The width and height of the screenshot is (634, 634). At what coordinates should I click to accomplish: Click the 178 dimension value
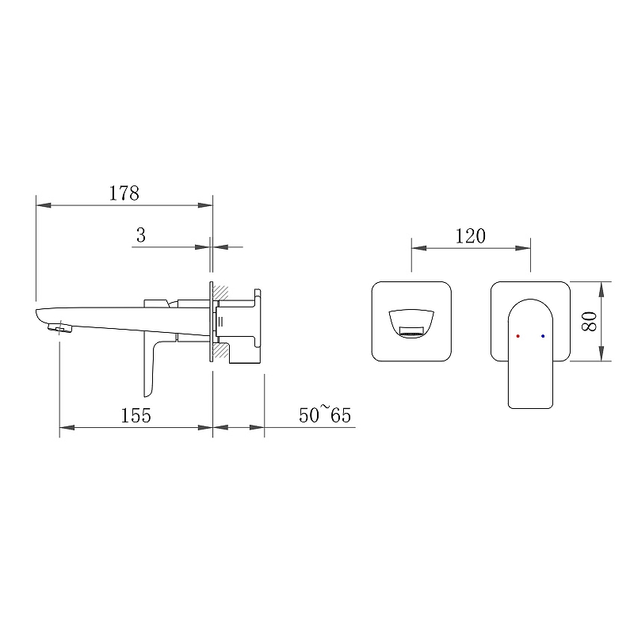coord(124,193)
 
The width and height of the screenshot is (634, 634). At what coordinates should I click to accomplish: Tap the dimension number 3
coord(141,235)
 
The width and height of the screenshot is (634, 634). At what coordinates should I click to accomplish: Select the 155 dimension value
coord(136,415)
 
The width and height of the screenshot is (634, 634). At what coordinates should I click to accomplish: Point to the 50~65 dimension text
coord(325,414)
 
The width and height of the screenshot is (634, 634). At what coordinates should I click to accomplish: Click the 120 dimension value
coord(470,236)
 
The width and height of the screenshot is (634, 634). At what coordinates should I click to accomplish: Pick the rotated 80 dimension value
coord(589,322)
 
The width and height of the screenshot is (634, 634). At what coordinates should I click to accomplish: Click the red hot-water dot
coord(518,336)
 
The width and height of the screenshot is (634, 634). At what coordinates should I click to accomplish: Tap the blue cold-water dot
coord(543,336)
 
